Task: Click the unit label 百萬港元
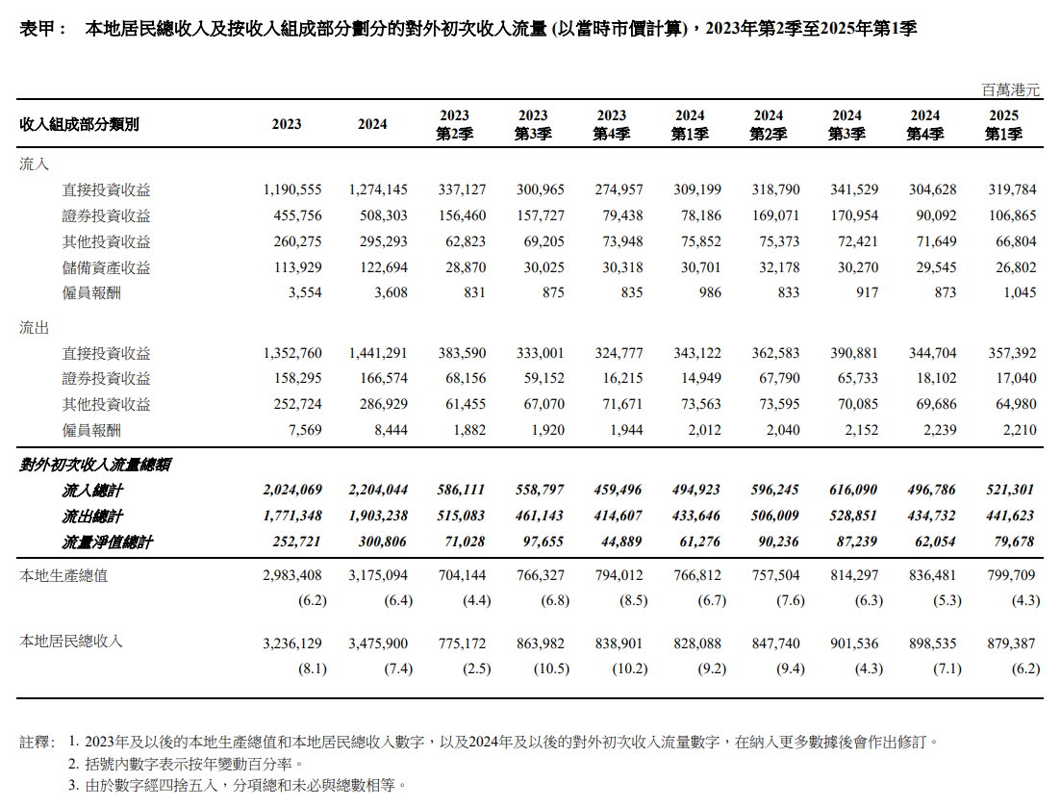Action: (x=1011, y=89)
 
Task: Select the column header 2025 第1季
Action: (x=1003, y=125)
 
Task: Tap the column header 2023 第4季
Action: (x=612, y=125)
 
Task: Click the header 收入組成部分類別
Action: (x=79, y=125)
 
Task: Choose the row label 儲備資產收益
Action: (x=106, y=267)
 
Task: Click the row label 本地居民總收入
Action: (x=71, y=640)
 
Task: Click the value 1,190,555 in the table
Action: (x=292, y=190)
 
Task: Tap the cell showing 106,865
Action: (x=1013, y=216)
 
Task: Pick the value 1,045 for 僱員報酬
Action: (x=1019, y=292)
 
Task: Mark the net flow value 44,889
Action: (x=619, y=542)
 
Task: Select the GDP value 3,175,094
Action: (x=378, y=576)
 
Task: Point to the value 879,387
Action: (x=1013, y=643)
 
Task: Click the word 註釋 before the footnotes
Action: (x=37, y=743)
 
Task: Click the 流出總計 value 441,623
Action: (x=1013, y=517)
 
